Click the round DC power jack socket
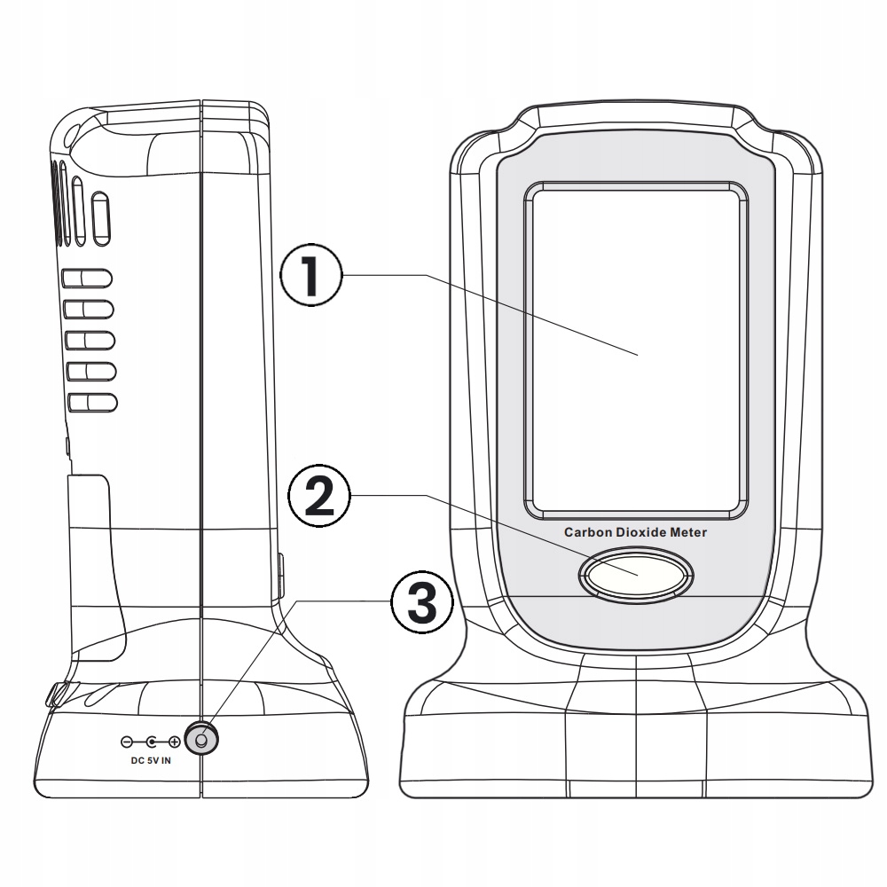coord(201,739)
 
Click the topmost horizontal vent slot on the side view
coord(90,279)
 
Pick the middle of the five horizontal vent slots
coord(90,341)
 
